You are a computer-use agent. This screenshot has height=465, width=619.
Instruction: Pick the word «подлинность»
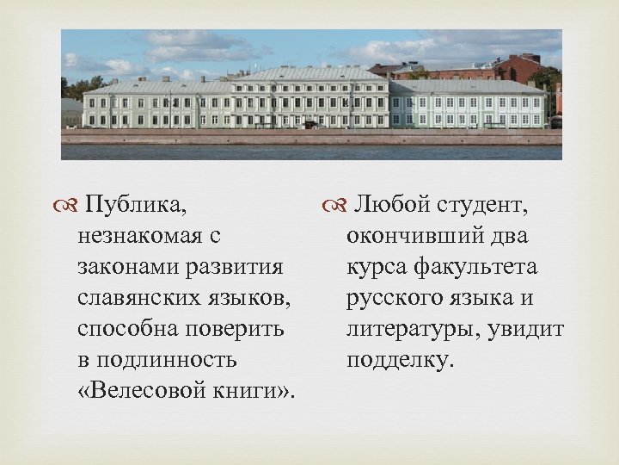pyautogui.click(x=169, y=360)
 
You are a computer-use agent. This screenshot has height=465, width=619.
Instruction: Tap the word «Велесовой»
pyautogui.click(x=146, y=390)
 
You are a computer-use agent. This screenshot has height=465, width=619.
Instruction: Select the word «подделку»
pyautogui.click(x=398, y=360)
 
